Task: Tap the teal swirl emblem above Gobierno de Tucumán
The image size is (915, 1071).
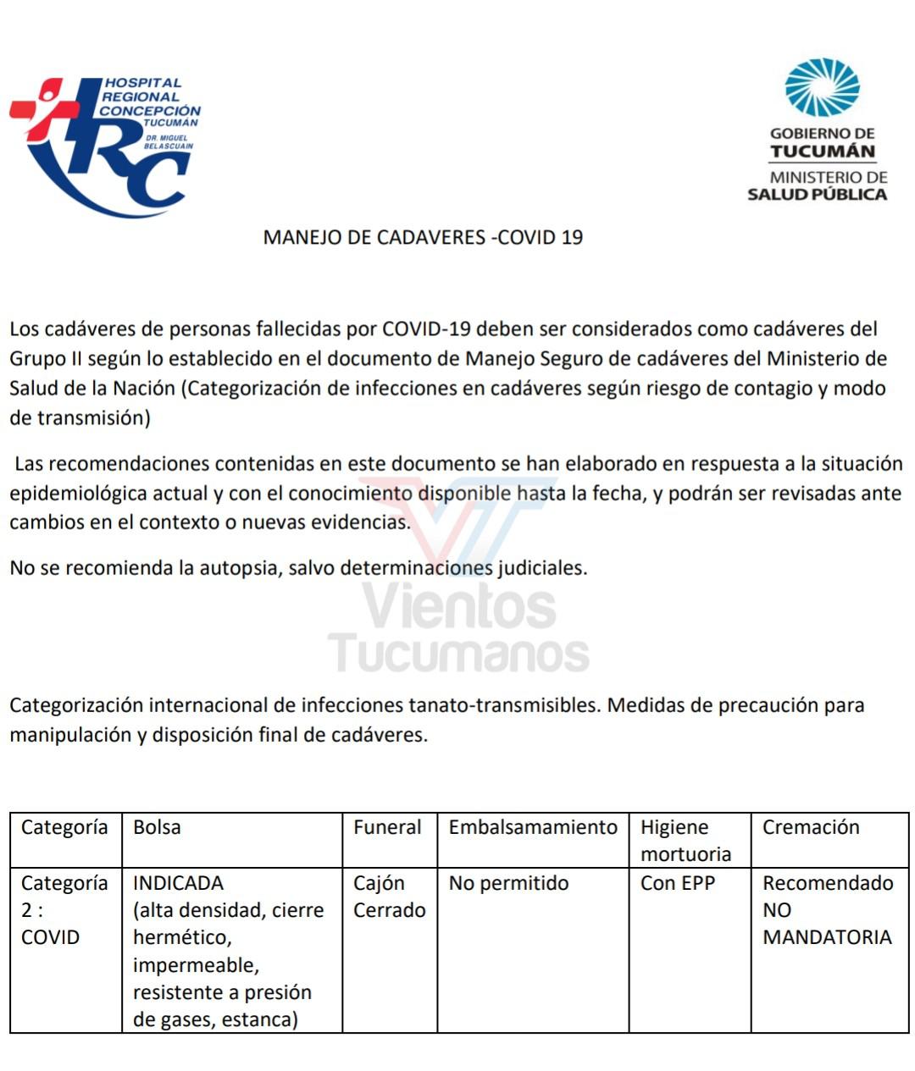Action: click(x=821, y=87)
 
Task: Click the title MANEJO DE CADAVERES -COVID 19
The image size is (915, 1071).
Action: click(x=423, y=237)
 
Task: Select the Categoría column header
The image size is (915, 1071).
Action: click(x=64, y=827)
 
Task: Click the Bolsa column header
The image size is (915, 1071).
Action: click(x=157, y=827)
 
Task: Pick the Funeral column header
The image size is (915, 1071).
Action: click(x=387, y=827)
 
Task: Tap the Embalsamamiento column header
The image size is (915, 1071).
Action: click(x=533, y=827)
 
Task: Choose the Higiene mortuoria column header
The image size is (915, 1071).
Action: click(x=685, y=840)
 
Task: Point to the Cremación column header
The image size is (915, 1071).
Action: click(x=811, y=827)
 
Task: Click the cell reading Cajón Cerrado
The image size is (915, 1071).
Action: click(x=389, y=897)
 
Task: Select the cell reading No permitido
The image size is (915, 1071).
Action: click(x=508, y=883)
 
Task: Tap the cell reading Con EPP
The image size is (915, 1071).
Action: click(x=678, y=883)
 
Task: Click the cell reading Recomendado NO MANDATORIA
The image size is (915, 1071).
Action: click(x=828, y=910)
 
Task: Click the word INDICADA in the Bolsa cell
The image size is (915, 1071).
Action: click(x=178, y=883)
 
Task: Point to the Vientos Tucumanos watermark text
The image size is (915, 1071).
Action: click(x=458, y=631)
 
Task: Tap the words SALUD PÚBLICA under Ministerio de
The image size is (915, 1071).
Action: click(x=817, y=195)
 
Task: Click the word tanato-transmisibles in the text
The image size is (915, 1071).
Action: click(x=504, y=705)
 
